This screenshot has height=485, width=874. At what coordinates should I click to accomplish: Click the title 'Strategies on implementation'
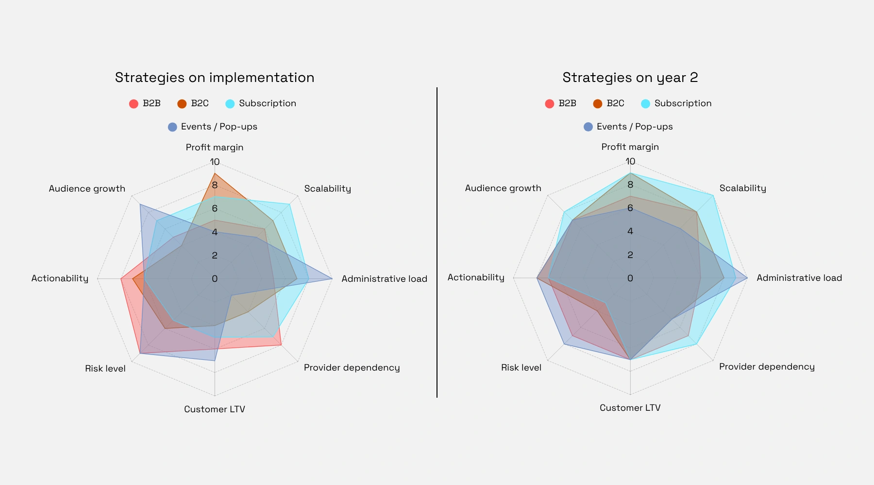[215, 78]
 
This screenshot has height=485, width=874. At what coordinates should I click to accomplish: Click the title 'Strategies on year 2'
[630, 78]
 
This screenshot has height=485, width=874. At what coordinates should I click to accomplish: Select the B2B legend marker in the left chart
[134, 104]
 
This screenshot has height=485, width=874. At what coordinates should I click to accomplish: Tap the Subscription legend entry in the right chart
[676, 103]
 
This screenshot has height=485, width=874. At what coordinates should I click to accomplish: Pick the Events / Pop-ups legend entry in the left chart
[213, 127]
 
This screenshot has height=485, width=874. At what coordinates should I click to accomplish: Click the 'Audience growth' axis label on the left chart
[87, 189]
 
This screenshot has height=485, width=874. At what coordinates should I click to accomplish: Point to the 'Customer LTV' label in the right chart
[630, 408]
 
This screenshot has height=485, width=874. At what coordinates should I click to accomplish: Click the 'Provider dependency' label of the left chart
[352, 368]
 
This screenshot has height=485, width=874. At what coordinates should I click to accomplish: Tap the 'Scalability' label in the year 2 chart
[742, 188]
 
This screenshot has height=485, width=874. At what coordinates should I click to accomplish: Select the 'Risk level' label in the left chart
[105, 369]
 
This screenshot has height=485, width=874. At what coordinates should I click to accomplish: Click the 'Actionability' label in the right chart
[476, 277]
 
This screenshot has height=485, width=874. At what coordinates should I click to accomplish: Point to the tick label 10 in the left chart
[215, 162]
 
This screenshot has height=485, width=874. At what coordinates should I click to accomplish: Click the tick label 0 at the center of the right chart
[630, 278]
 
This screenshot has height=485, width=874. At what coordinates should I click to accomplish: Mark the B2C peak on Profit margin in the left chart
[215, 174]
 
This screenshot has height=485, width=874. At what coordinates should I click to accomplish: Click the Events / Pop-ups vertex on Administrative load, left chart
[332, 278]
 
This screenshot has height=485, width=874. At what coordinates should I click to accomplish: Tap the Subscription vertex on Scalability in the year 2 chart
[713, 195]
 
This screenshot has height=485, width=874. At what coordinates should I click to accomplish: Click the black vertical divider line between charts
[437, 242]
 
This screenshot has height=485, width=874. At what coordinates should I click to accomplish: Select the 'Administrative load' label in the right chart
[799, 278]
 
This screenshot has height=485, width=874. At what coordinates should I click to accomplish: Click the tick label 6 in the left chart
[215, 209]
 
